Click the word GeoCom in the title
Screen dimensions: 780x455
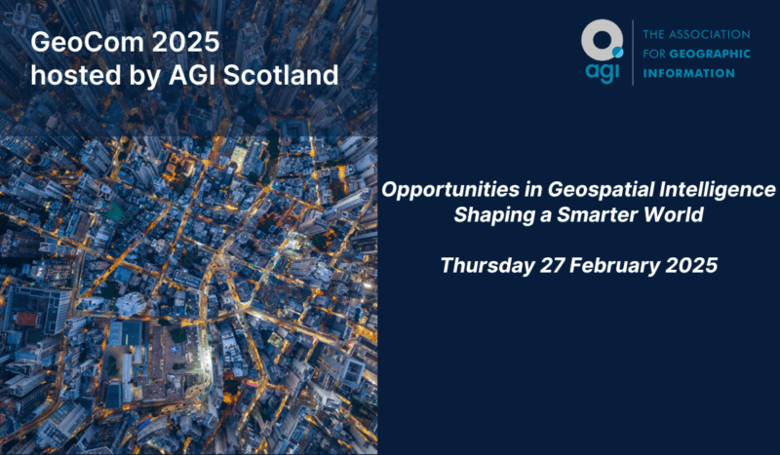88,42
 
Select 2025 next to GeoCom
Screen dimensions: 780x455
185,42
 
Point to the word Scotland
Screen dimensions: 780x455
281,75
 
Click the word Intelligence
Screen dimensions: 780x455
717,189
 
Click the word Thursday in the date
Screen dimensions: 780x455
487,265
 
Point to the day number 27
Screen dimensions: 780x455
552,265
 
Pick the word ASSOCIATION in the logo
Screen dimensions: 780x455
709,34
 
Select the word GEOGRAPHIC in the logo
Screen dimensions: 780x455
710,54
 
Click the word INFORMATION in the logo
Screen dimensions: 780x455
689,73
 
